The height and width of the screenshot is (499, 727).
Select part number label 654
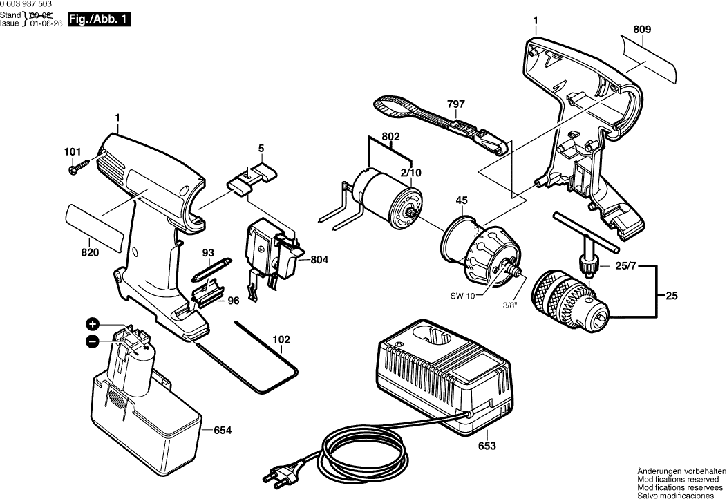click(222, 431)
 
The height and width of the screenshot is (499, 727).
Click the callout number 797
click(455, 104)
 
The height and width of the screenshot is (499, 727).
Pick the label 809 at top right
click(641, 30)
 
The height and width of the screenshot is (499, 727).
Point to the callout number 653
click(487, 446)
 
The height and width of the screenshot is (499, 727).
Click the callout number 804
click(319, 260)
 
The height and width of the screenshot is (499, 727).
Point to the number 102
click(281, 339)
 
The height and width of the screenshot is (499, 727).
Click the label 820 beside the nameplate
click(89, 253)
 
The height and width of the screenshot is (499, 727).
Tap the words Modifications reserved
click(681, 478)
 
